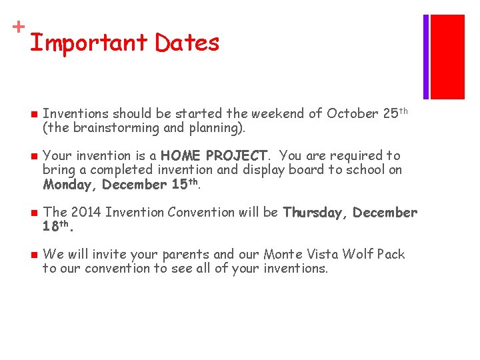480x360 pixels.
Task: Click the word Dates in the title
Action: pyautogui.click(x=187, y=43)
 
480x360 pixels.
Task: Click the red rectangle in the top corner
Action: pyautogui.click(x=447, y=57)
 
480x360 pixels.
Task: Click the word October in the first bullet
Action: pyautogui.click(x=353, y=113)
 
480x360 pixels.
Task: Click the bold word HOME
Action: pyautogui.click(x=181, y=155)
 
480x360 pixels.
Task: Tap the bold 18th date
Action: pyautogui.click(x=57, y=226)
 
